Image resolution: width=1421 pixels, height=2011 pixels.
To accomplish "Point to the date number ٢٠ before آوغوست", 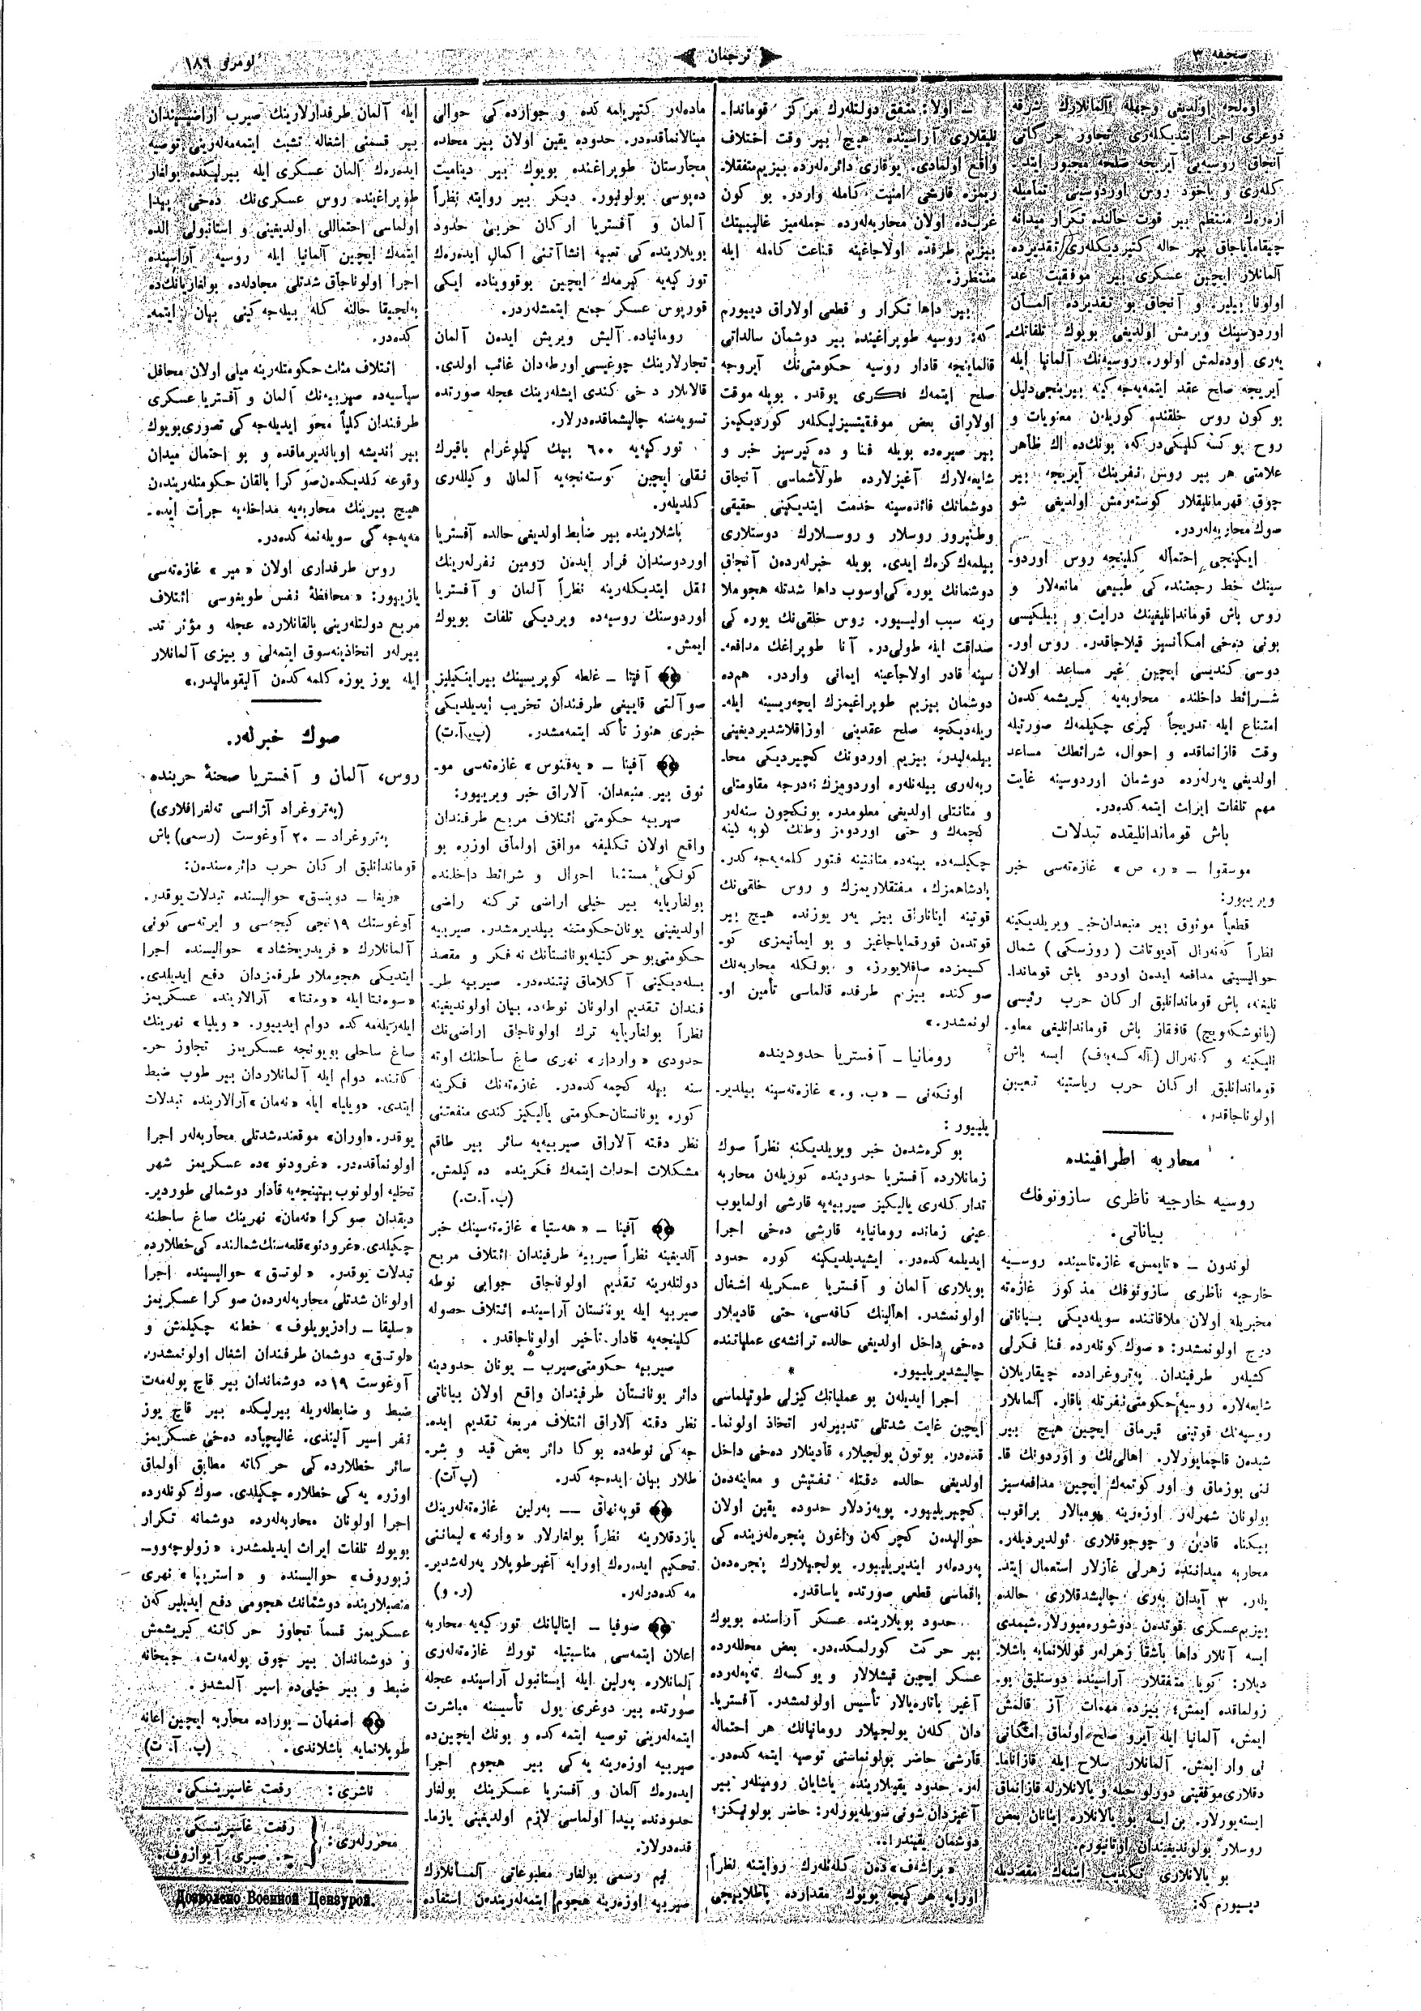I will (x=321, y=836).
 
